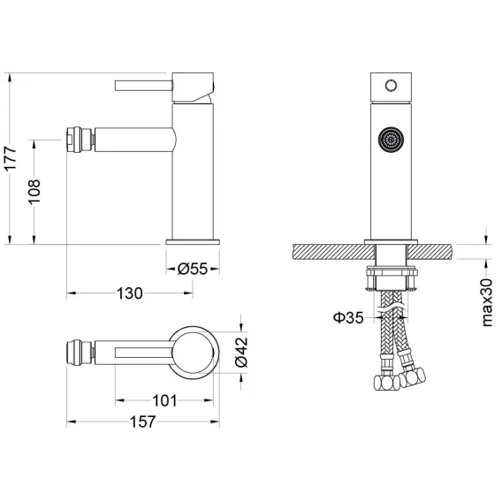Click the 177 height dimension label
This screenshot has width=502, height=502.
pyautogui.click(x=11, y=158)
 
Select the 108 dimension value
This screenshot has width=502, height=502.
pyautogui.click(x=34, y=192)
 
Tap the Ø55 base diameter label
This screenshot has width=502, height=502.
pyautogui.click(x=193, y=269)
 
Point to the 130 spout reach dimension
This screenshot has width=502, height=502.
pyautogui.click(x=129, y=293)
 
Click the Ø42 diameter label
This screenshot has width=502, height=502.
pyautogui.click(x=241, y=352)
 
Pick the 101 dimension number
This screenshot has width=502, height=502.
pyautogui.click(x=164, y=400)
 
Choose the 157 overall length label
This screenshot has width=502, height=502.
pyautogui.click(x=142, y=422)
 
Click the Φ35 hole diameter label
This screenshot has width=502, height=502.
pyautogui.click(x=348, y=317)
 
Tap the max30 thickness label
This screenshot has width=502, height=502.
pyautogui.click(x=487, y=302)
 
